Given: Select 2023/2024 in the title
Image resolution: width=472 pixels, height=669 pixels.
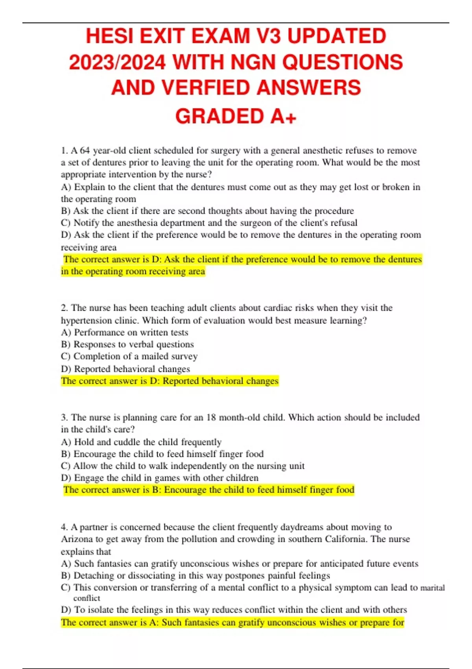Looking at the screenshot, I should point(117,62).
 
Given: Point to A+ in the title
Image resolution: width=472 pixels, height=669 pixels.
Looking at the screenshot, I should point(283,116).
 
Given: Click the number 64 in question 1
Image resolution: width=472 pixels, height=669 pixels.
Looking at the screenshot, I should point(85,151).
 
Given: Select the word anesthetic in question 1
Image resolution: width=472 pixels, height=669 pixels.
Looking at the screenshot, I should point(320,151).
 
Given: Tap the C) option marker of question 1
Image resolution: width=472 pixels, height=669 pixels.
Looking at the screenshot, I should point(66,223).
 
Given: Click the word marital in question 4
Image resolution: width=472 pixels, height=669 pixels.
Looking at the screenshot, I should point(433,588).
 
